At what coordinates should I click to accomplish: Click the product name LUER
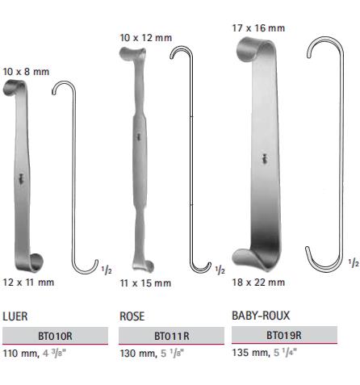15,316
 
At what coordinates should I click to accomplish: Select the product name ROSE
132,316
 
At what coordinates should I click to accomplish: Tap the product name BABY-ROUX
261,316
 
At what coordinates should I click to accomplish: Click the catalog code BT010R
55,336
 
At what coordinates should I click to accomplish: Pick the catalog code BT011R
172,336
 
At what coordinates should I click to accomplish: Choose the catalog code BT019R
284,335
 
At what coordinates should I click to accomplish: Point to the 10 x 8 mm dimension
26,72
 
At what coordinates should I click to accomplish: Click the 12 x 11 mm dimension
28,282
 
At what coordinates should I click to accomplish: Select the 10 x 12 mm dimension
146,38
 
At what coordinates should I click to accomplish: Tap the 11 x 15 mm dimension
145,283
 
